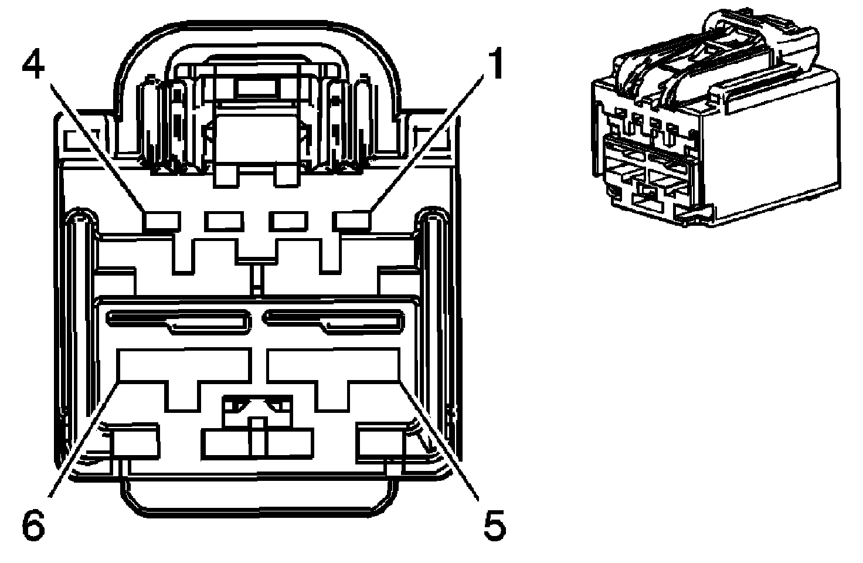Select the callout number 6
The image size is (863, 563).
[33, 525]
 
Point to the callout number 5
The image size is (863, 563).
[494, 525]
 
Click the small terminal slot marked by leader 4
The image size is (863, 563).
[161, 221]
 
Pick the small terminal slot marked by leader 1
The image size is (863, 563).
[351, 221]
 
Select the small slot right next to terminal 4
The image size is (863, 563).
[223, 221]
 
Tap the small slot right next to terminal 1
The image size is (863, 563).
[288, 221]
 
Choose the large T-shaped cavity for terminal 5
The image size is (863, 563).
[332, 369]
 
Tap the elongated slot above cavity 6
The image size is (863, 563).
[176, 320]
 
